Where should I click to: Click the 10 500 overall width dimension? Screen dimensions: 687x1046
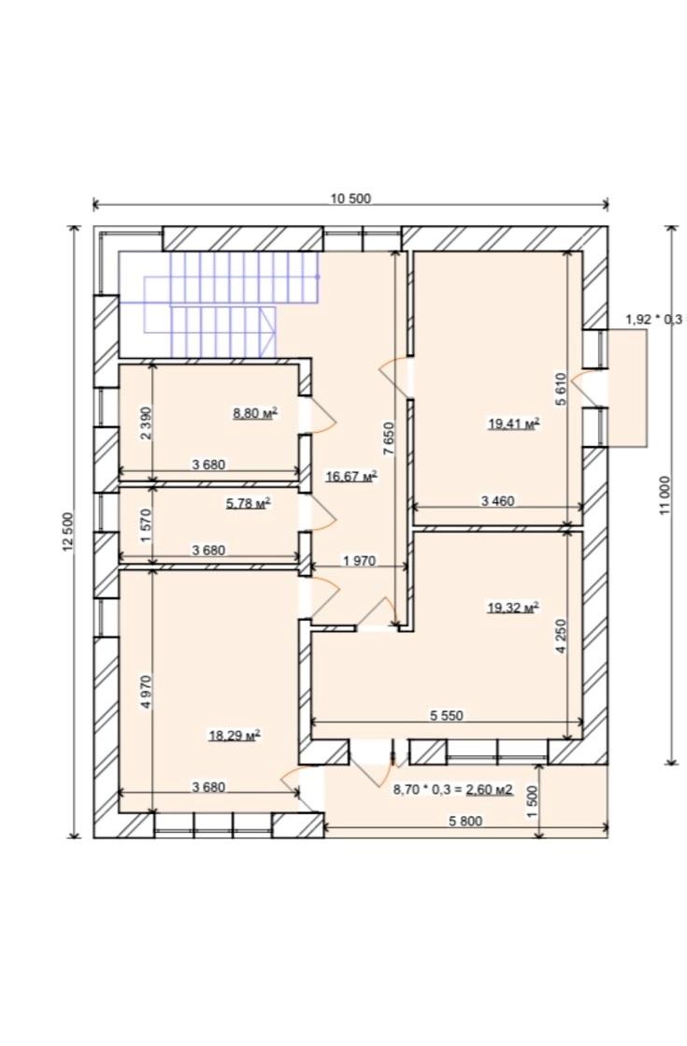(x=351, y=198)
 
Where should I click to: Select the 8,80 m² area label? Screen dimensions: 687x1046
(x=255, y=413)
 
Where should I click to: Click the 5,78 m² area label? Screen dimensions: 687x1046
(x=248, y=503)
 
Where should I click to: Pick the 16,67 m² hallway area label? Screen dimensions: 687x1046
(x=351, y=476)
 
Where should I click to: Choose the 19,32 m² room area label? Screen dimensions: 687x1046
(x=513, y=607)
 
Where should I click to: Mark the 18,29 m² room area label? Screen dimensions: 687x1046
(x=234, y=736)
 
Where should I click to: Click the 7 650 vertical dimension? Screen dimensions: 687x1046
(x=389, y=439)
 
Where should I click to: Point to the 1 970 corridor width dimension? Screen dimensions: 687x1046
(x=360, y=562)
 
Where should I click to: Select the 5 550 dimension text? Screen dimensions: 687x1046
(x=446, y=716)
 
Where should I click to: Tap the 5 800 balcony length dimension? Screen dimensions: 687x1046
(x=465, y=822)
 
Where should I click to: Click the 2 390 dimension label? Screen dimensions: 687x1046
(x=147, y=423)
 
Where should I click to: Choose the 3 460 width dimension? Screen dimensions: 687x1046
(x=497, y=500)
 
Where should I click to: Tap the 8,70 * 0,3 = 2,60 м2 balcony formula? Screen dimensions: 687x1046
(x=453, y=790)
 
